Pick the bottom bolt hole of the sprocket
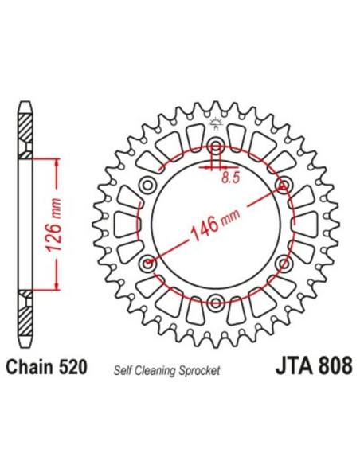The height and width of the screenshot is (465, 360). (x=216, y=300)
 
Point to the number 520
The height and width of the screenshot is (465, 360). (x=72, y=369)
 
